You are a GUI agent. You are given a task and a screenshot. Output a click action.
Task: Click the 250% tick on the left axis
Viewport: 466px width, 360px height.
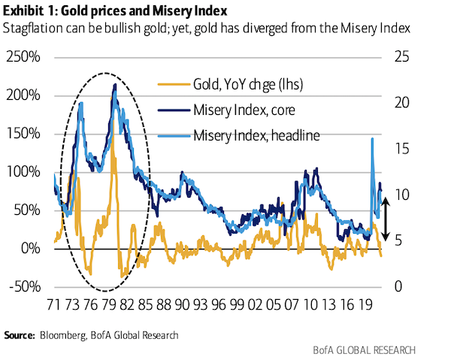(x=27, y=57)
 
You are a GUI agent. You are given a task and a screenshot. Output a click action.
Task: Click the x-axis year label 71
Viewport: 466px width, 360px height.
(x=54, y=307)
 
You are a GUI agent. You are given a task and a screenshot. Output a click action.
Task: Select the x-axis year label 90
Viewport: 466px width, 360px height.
(x=182, y=307)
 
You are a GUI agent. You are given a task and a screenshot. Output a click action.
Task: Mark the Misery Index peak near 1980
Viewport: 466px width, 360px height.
(x=114, y=85)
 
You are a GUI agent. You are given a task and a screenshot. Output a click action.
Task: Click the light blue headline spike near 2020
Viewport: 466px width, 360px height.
(x=372, y=139)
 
